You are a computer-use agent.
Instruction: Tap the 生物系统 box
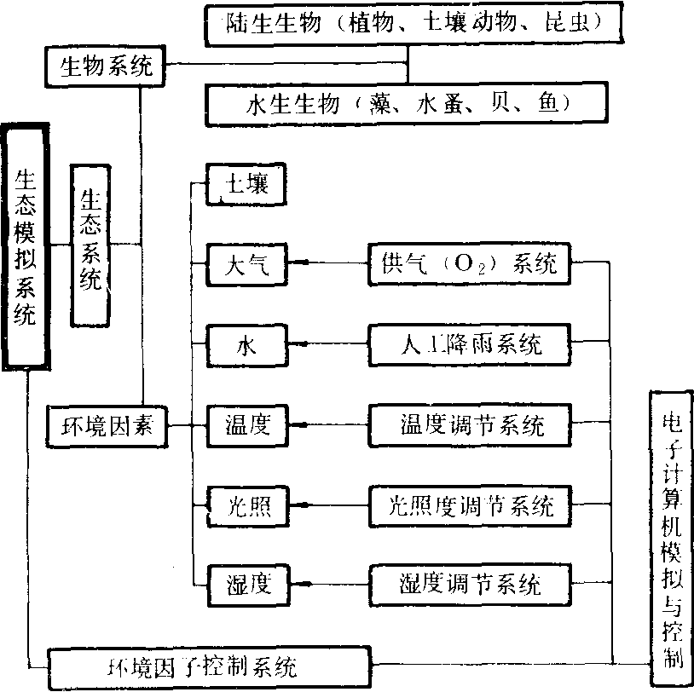(x=106, y=66)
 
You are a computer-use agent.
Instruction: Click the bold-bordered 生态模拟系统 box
(x=26, y=245)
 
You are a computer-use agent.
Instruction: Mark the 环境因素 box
(x=107, y=424)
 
